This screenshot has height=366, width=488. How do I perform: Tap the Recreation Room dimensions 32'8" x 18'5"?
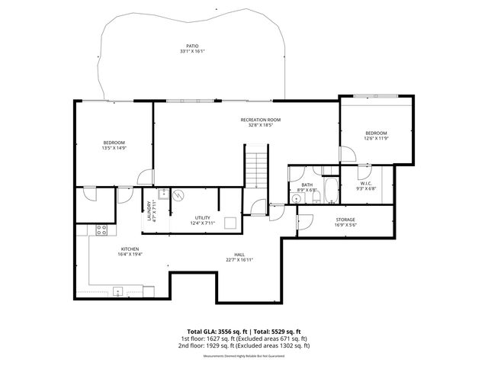click(261, 125)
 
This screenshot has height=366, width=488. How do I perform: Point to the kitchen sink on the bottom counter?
click(118, 291)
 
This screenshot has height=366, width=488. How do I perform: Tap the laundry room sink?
click(164, 191)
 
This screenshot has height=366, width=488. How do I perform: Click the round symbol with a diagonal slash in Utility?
click(178, 195)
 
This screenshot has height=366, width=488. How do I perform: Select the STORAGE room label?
click(345, 220)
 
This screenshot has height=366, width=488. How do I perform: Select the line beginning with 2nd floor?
click(244, 346)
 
